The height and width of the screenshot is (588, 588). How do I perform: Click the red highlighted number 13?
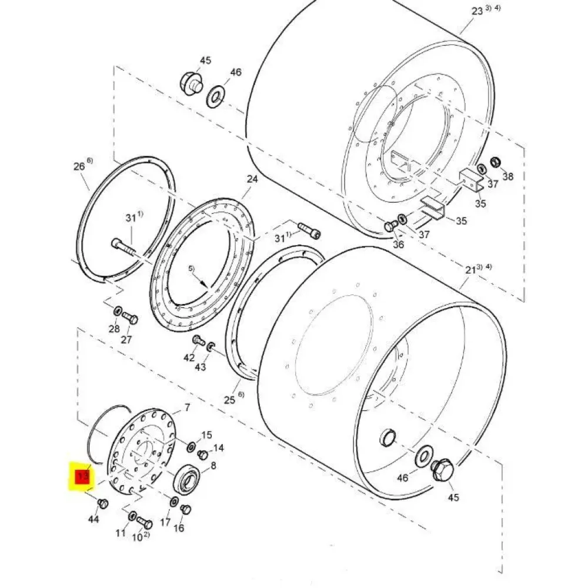82,477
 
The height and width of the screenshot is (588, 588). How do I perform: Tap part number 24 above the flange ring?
252,179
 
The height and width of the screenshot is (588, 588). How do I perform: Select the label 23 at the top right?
477,11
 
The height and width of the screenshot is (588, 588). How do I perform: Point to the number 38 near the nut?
508,176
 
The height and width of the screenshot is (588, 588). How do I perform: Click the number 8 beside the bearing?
213,466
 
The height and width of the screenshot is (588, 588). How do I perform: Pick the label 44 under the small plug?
93,519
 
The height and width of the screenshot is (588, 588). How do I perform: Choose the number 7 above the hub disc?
187,407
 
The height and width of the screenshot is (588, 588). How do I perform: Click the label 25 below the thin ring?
229,400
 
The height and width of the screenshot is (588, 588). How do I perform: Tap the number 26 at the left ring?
79,166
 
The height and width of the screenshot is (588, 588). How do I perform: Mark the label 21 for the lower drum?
470,270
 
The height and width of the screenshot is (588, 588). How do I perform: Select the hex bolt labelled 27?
130,319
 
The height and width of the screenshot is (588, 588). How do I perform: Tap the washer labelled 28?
118,311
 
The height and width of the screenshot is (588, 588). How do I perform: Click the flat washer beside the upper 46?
215,97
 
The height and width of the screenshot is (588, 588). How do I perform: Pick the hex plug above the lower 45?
443,469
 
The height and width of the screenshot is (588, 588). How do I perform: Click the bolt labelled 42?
198,340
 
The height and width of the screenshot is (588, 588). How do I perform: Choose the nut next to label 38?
495,162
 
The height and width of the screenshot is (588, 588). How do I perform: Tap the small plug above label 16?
186,510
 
